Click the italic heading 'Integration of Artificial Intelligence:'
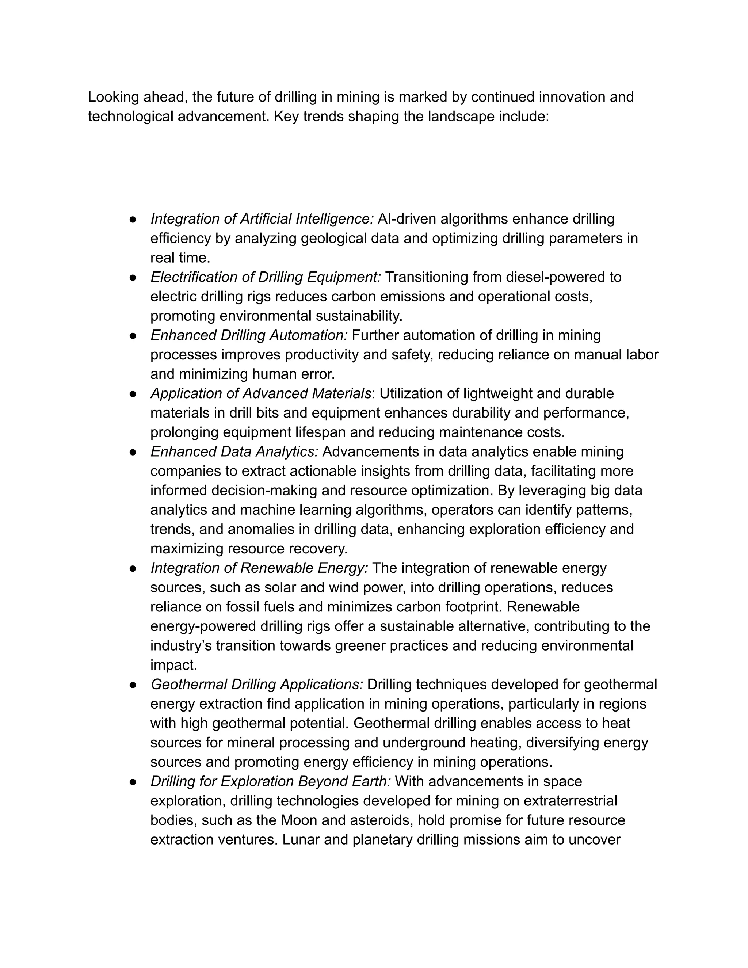[x=262, y=219]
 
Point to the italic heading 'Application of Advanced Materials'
[x=260, y=393]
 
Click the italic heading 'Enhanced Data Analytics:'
[x=234, y=451]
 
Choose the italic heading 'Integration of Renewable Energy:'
[x=259, y=568]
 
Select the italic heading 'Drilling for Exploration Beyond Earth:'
[x=270, y=781]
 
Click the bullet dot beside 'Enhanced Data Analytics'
[x=133, y=452]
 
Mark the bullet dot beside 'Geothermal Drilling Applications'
[x=133, y=685]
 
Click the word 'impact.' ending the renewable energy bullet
[x=173, y=665]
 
